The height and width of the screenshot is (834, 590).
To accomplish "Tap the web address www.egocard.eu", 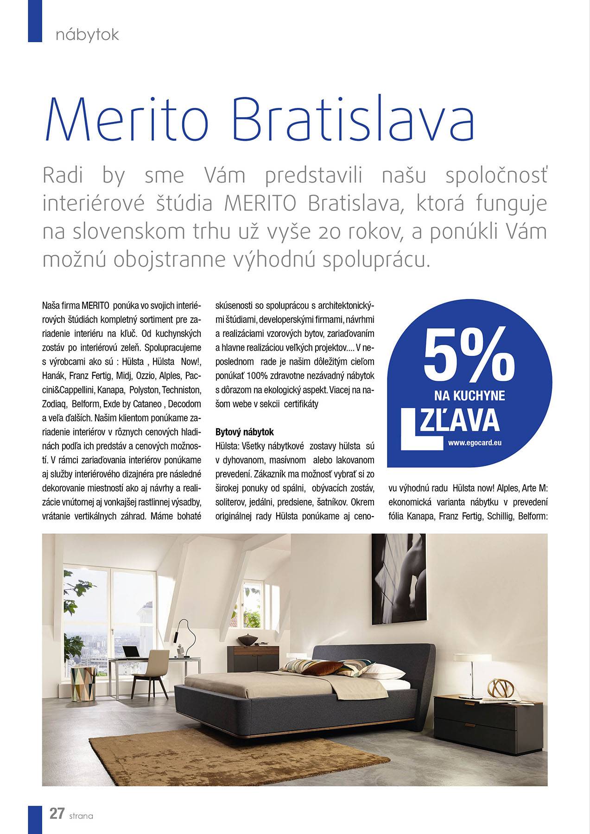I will [x=475, y=442].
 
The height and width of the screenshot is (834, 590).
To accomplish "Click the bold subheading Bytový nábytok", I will [x=245, y=432].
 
